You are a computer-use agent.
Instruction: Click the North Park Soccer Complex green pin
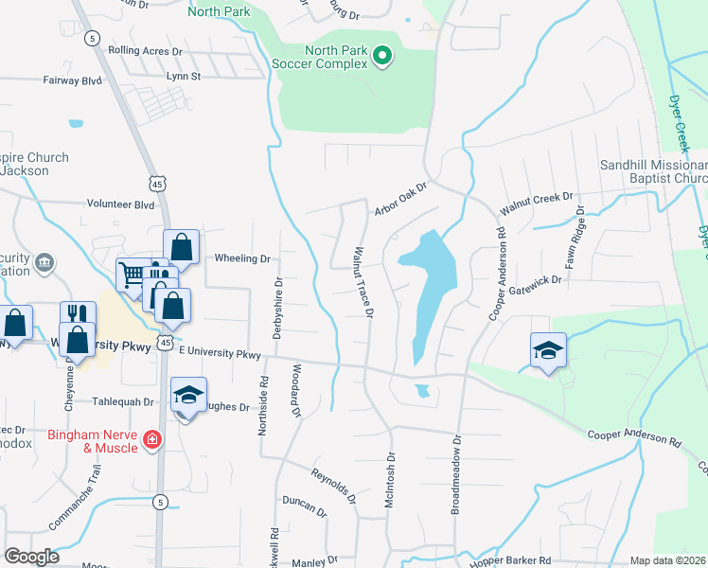click(x=382, y=57)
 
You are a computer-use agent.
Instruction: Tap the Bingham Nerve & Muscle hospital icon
click(x=151, y=439)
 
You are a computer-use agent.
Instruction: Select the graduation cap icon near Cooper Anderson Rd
click(x=548, y=352)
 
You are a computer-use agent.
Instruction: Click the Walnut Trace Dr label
click(x=363, y=281)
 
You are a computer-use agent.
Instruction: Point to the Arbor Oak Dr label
click(x=401, y=200)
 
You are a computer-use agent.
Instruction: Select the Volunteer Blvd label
click(x=120, y=204)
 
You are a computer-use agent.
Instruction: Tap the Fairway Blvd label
click(x=72, y=81)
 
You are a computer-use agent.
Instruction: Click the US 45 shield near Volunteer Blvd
click(x=156, y=182)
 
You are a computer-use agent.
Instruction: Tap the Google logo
click(x=32, y=557)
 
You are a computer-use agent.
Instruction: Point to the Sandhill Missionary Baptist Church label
click(x=654, y=170)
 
